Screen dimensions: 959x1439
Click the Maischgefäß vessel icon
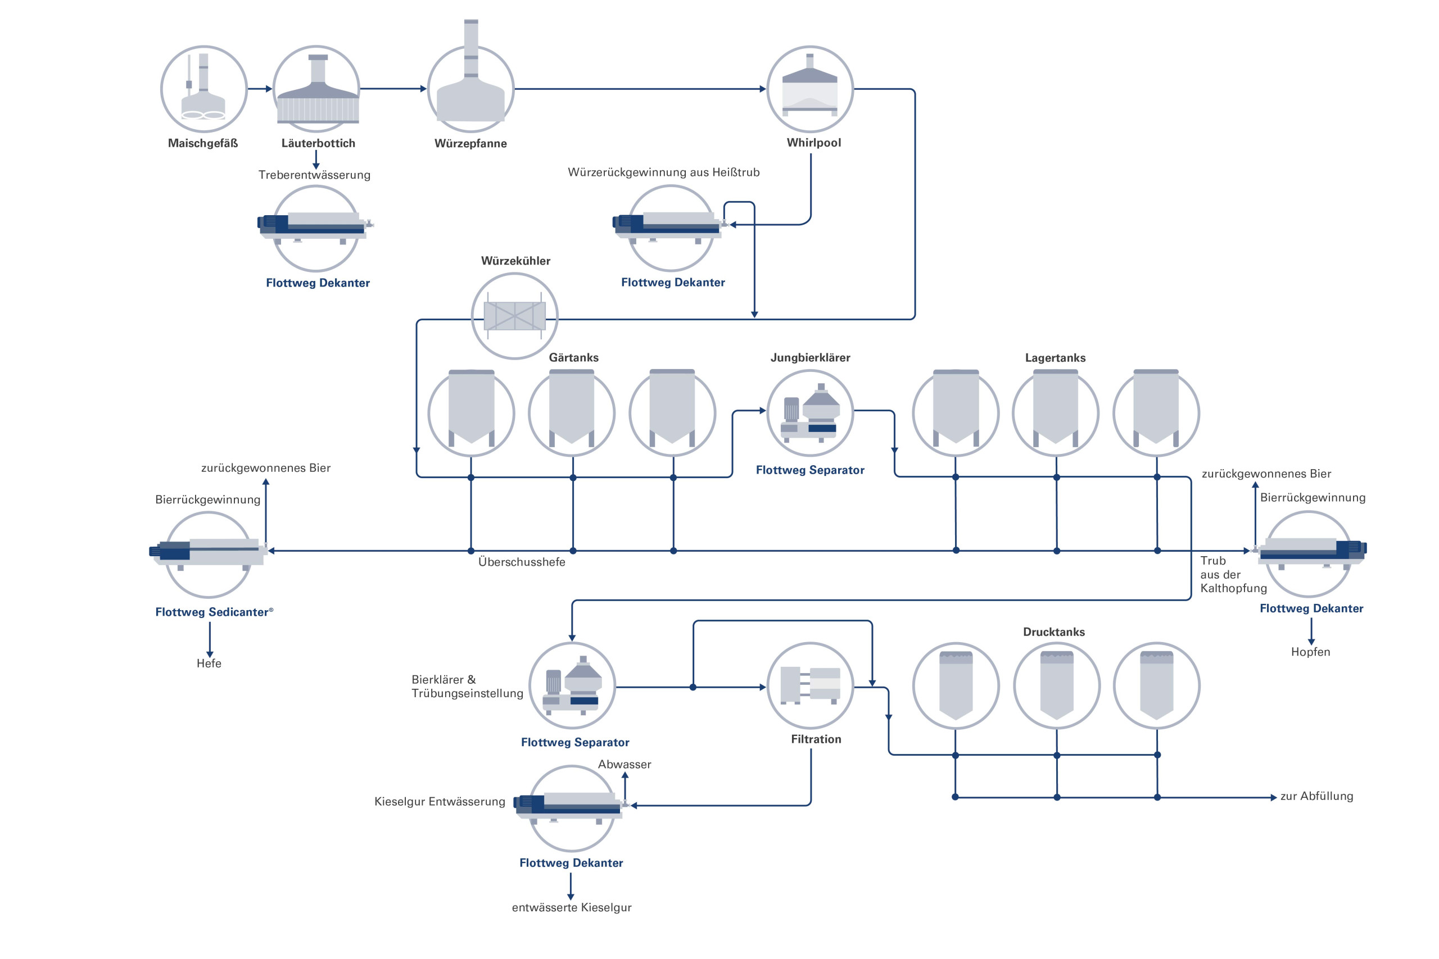tap(203, 89)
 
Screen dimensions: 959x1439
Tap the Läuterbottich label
tap(318, 143)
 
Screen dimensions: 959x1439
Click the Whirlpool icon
tap(810, 89)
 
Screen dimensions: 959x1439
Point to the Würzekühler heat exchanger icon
tap(514, 316)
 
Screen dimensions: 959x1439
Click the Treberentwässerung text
tap(314, 175)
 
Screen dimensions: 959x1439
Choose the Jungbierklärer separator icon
tap(810, 413)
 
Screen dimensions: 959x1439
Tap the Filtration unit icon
tap(810, 685)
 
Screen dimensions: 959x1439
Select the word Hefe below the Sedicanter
tap(209, 663)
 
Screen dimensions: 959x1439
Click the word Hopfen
tap(1310, 652)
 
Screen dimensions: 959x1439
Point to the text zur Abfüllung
tap(1316, 796)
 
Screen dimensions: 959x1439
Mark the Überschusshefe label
tap(522, 562)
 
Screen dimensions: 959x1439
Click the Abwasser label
tap(625, 765)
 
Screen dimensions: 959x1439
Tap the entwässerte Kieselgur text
tap(572, 908)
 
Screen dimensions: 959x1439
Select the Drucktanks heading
tap(1053, 632)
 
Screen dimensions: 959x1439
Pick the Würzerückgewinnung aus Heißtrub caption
tap(664, 172)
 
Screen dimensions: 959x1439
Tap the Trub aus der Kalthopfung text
tap(1233, 574)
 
